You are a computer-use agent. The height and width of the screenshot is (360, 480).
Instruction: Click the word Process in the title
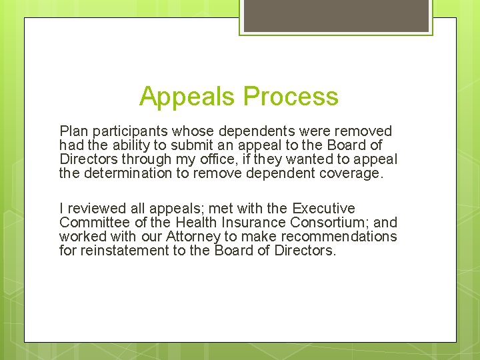(291, 97)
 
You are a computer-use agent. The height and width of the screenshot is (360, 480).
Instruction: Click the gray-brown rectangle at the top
(336, 15)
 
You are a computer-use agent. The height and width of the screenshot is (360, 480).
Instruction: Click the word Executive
(324, 209)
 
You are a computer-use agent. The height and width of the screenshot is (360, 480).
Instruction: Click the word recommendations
(333, 237)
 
